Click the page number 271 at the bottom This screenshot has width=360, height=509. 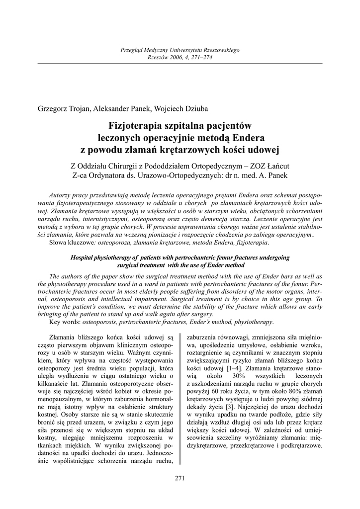point(180,479)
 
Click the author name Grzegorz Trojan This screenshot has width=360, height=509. point(64,109)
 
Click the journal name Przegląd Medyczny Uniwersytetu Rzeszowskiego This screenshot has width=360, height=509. point(180,51)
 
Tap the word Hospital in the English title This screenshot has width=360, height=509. point(83,258)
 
